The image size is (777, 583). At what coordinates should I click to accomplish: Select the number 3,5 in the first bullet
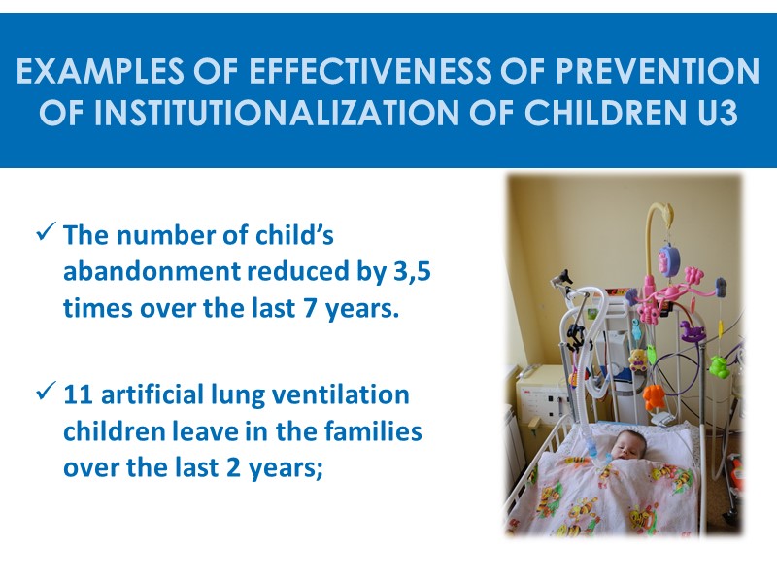coord(412,275)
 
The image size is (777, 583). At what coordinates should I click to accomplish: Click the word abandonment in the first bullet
coord(157,275)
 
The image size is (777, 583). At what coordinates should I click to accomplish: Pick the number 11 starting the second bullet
coord(79,396)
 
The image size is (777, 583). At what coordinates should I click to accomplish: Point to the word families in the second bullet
coord(375,432)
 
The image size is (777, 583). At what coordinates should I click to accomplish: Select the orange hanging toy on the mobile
coord(652,394)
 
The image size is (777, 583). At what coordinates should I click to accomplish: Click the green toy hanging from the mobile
coord(718,366)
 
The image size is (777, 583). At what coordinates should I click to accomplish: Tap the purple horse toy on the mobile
coord(693,329)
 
